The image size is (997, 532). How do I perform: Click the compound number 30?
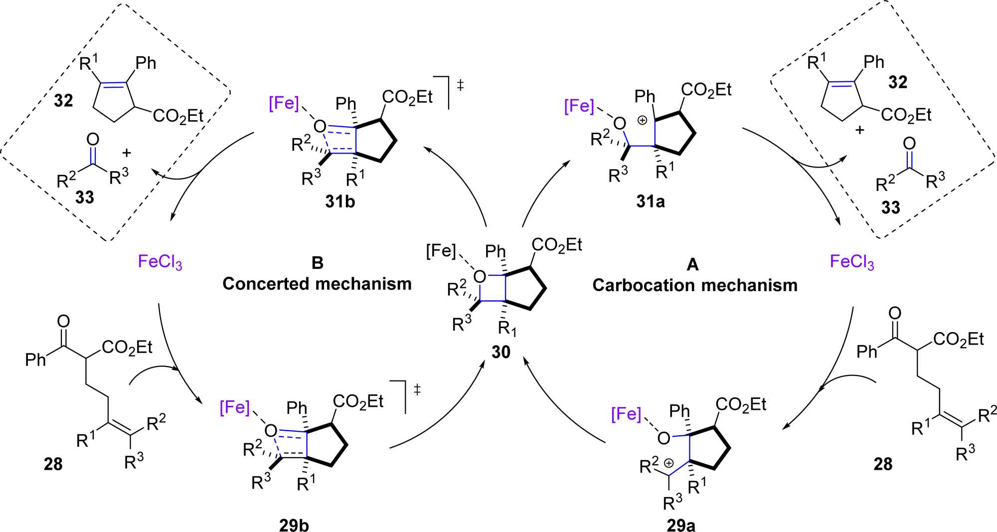click(501, 352)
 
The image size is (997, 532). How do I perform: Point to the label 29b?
click(294, 525)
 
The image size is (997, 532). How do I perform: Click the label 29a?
click(681, 525)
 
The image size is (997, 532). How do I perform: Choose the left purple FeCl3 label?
click(160, 262)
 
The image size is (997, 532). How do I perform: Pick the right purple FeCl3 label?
click(852, 262)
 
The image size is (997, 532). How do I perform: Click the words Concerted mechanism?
click(317, 284)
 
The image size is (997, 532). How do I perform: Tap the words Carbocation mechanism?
click(695, 285)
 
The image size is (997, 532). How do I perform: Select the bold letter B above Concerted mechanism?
click(317, 263)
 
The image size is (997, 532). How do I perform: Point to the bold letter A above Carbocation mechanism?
click(692, 264)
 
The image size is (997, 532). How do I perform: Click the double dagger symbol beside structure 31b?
click(460, 86)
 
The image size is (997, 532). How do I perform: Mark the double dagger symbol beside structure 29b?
click(417, 389)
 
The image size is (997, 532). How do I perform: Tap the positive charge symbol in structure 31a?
click(643, 120)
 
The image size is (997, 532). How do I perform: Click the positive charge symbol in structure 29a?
click(669, 463)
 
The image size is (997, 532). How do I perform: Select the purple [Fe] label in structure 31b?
click(284, 104)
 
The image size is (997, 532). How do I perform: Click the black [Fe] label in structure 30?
click(441, 251)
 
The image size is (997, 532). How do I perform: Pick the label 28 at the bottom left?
click(53, 464)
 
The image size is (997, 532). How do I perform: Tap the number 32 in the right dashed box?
click(898, 82)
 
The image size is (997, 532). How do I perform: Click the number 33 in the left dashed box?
click(84, 197)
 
